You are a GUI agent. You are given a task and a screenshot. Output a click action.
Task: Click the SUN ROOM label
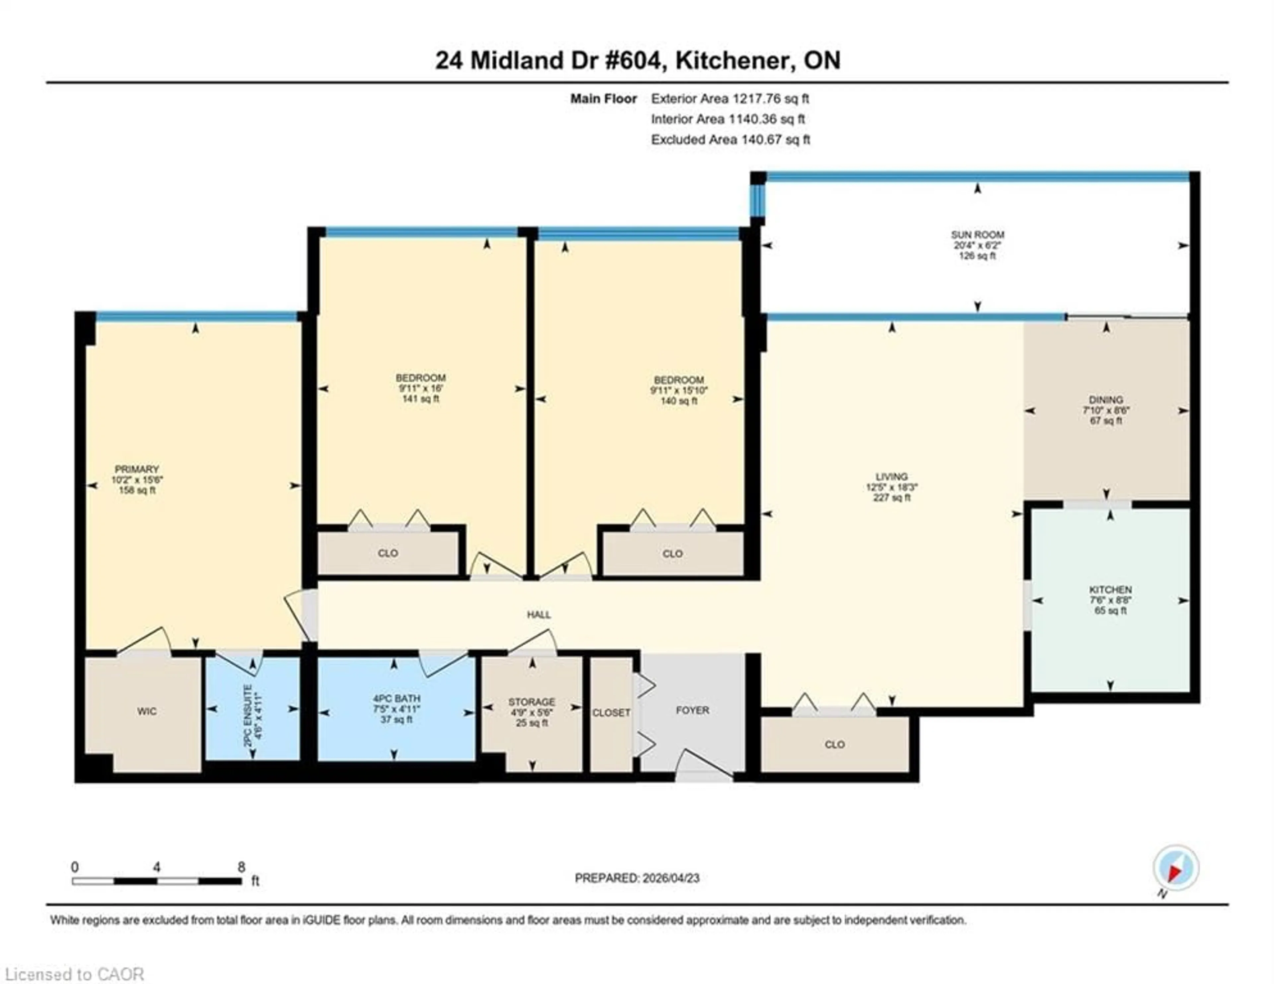[977, 234]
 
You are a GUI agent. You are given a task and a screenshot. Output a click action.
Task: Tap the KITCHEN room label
[1110, 590]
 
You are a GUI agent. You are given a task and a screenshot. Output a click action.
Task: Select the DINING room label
[1105, 400]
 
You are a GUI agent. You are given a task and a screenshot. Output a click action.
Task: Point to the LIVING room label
[891, 477]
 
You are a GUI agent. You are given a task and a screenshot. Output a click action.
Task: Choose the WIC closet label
[146, 711]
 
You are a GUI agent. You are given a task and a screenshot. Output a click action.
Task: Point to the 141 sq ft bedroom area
[420, 399]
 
